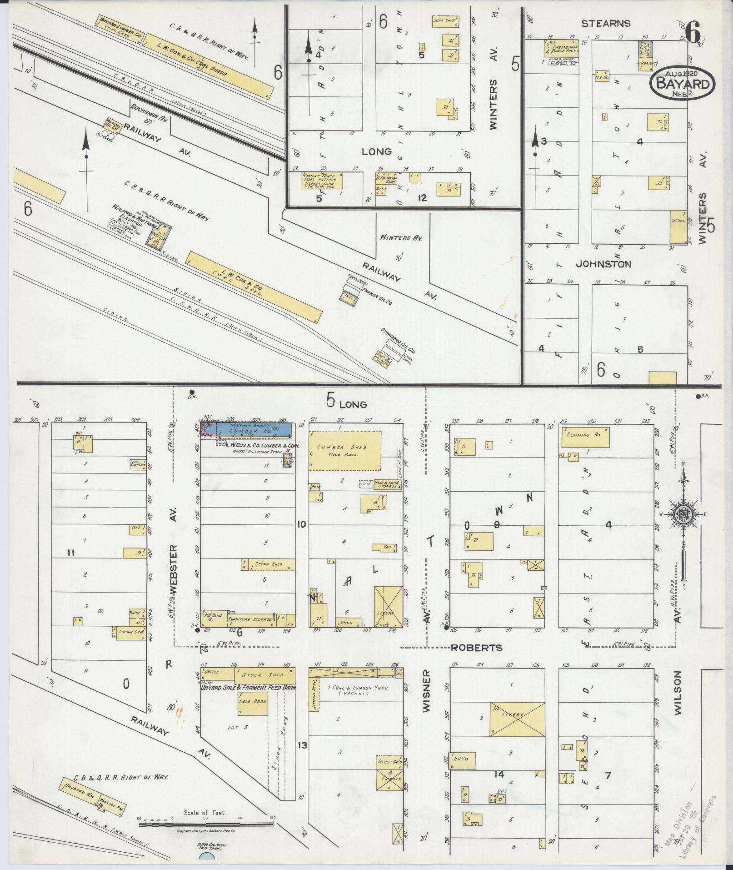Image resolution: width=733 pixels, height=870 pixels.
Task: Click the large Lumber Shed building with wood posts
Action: (x=345, y=450)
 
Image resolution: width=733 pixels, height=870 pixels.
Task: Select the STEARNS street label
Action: (x=606, y=23)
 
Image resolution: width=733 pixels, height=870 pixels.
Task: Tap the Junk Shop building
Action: (x=444, y=21)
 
